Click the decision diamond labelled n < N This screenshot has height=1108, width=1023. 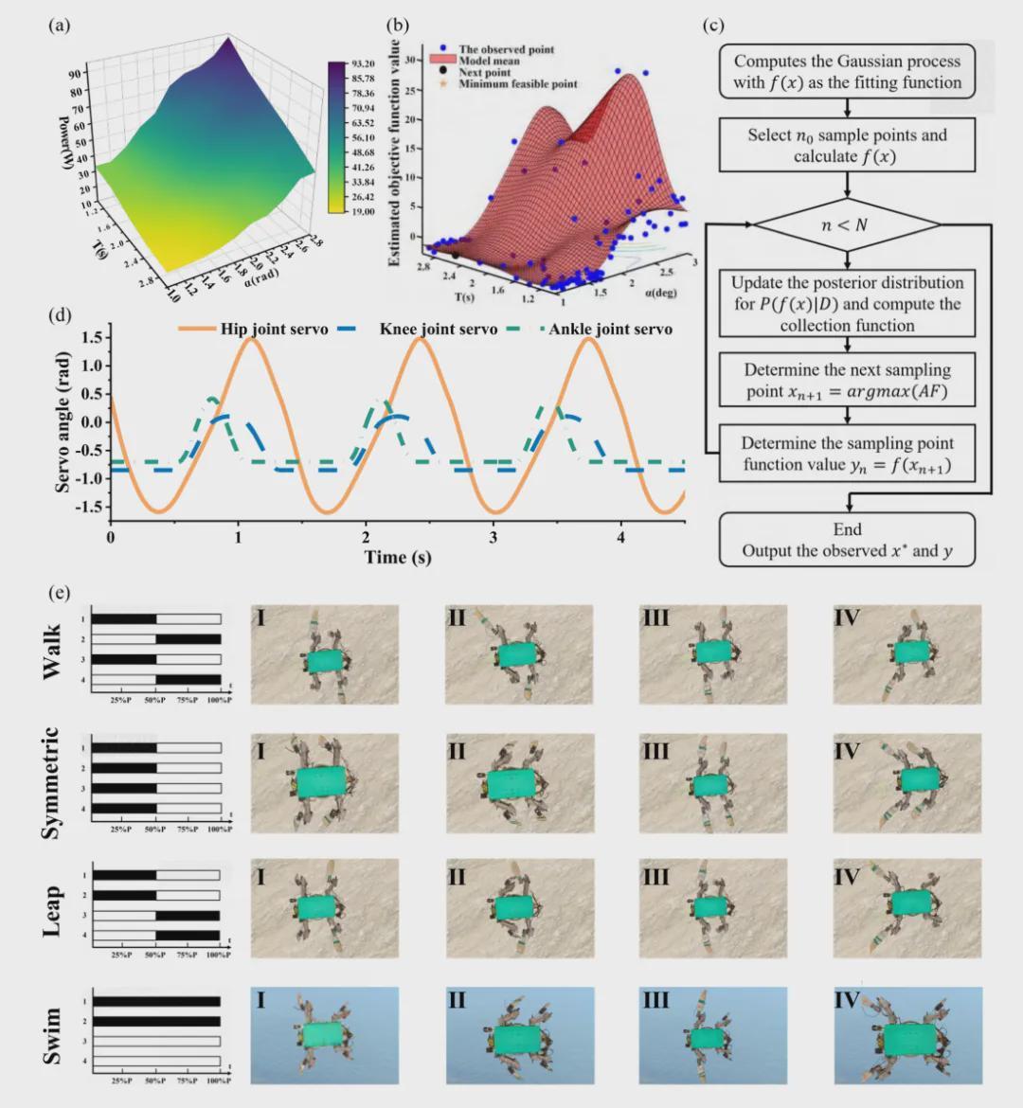(x=847, y=226)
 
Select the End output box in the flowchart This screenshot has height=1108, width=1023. (x=847, y=540)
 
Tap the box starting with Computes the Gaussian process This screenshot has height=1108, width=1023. (x=847, y=72)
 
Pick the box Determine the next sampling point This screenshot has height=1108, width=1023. (x=847, y=380)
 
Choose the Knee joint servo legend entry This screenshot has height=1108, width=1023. (x=417, y=330)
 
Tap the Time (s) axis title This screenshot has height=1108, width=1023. (x=398, y=557)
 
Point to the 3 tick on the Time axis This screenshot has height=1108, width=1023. (x=494, y=537)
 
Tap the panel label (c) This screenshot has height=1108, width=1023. (x=713, y=26)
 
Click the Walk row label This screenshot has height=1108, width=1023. (x=52, y=652)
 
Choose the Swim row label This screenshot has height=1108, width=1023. (x=52, y=1035)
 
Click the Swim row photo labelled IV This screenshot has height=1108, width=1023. (x=907, y=1035)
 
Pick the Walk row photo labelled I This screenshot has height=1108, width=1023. (x=325, y=654)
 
